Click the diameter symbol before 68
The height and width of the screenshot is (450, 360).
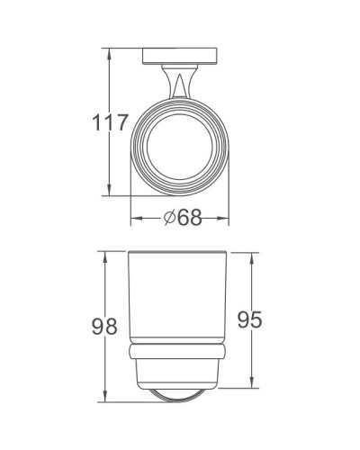[170, 219]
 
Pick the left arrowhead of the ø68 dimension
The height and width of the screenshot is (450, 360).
[135, 219]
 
